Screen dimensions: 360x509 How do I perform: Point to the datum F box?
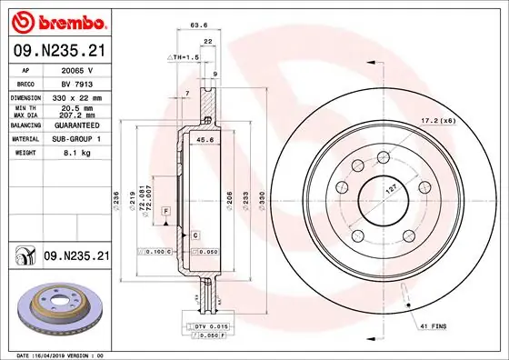tap(166, 211)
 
